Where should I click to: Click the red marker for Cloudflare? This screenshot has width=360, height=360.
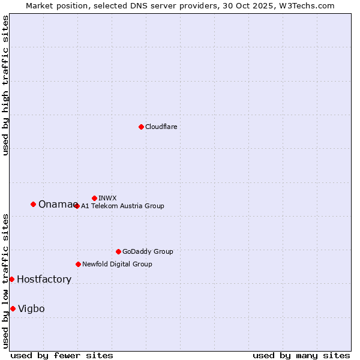point(141,127)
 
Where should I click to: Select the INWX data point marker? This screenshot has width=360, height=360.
point(94,198)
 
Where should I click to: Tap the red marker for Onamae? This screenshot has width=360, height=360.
point(33,204)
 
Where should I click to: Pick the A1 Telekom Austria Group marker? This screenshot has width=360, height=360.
point(77,206)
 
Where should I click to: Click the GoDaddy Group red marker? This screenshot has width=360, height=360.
point(118,251)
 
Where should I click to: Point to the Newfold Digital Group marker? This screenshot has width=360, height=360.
point(78,264)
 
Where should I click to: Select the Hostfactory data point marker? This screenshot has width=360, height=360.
point(11,279)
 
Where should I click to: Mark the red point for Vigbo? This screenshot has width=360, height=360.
point(13,308)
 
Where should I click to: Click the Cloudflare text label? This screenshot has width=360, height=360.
point(161,127)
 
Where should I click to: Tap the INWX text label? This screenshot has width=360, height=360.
point(107,198)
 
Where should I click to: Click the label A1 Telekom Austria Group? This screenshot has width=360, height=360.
point(122,206)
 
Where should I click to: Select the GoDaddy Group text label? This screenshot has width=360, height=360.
point(148,251)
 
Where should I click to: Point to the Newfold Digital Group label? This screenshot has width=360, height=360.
point(117,264)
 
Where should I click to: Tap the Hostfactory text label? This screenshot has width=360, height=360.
point(44,279)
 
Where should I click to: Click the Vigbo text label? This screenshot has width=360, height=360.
point(31,308)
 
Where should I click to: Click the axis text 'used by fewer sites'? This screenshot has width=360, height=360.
point(62,355)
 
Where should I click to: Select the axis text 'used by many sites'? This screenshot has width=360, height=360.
point(301,355)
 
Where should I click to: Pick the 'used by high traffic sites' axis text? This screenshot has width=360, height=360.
point(5,85)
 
